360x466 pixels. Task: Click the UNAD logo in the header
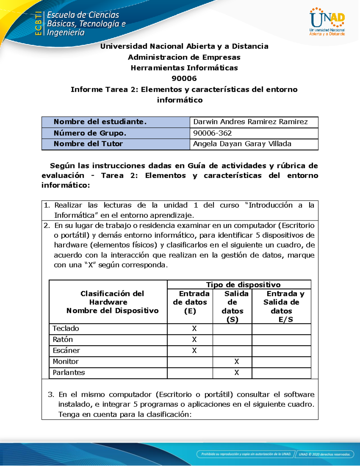pos(327,22)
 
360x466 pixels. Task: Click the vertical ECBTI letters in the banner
pos(38,23)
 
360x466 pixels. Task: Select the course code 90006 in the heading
pos(184,79)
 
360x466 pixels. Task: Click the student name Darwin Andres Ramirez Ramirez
pos(250,122)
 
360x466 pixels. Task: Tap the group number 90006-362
pos(212,133)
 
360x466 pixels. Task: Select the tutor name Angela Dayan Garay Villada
pos(242,144)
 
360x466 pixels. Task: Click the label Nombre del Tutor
pos(88,144)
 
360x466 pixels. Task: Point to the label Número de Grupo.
pos(90,133)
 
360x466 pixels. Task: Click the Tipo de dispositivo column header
pos(243,284)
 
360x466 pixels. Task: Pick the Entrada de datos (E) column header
pos(190,302)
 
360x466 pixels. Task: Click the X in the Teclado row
pos(194,329)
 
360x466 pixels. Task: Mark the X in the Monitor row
pos(237,362)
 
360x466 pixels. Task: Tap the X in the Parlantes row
pos(237,373)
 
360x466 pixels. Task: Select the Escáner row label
pos(66,350)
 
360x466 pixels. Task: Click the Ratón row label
pos(63,340)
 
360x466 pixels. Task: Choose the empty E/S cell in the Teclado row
pos(281,329)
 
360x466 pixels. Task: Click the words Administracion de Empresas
pos(184,57)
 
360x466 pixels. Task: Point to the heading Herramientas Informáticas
pos(184,68)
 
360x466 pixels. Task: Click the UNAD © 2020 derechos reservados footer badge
pos(324,454)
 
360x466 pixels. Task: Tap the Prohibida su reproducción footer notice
pos(246,454)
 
